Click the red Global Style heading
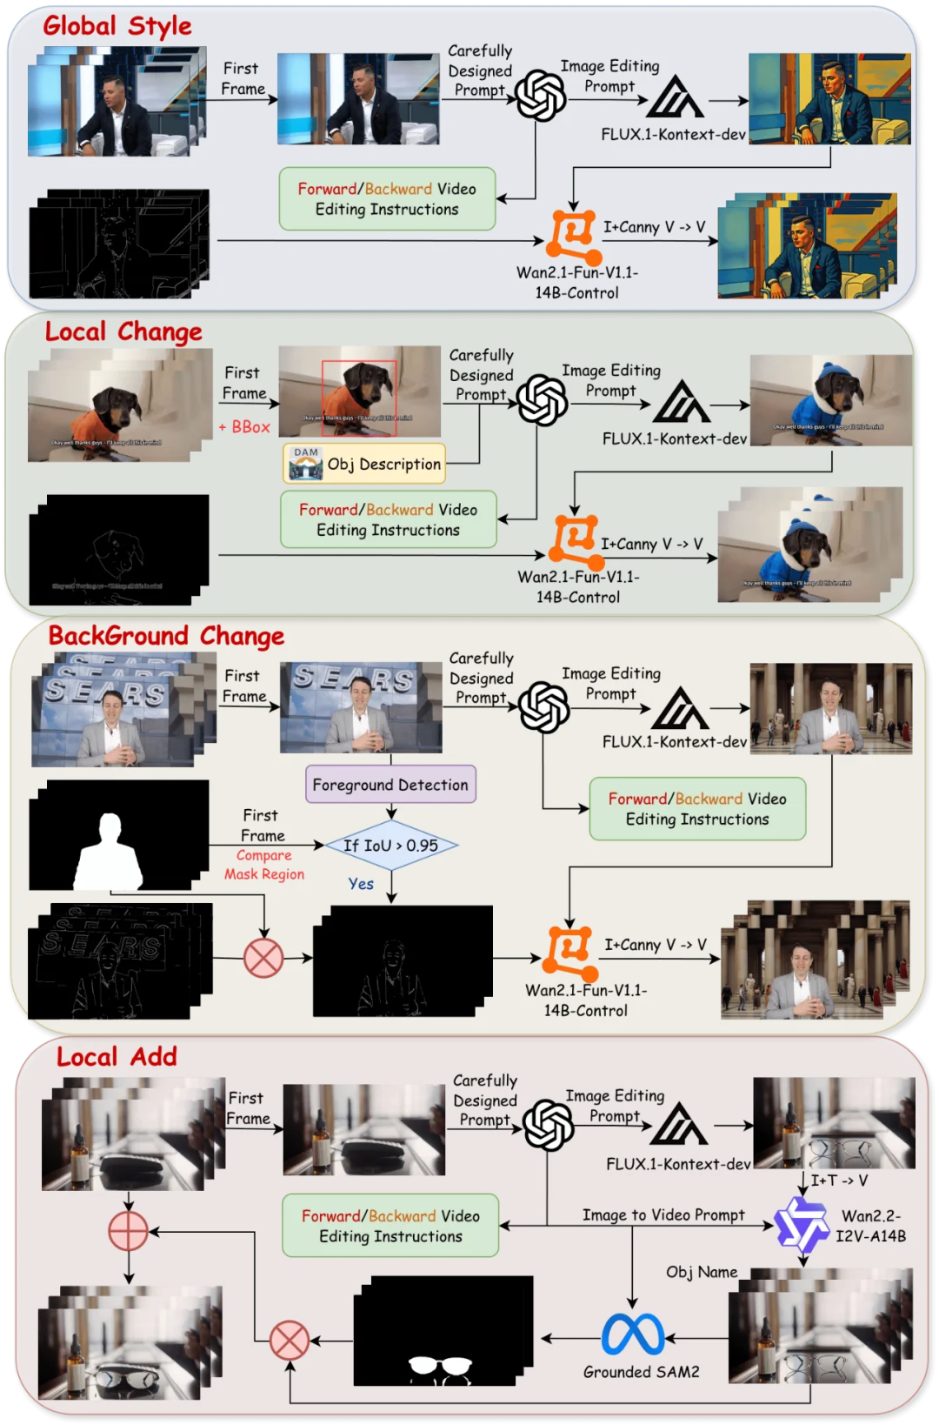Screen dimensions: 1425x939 click(x=117, y=26)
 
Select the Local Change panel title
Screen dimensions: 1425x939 click(x=123, y=331)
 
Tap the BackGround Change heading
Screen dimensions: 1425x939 click(x=166, y=636)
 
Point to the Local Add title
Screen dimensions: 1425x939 click(x=117, y=1057)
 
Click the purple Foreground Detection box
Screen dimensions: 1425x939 click(x=390, y=785)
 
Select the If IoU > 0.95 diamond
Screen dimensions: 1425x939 click(x=391, y=845)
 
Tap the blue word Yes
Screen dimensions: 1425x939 click(x=361, y=884)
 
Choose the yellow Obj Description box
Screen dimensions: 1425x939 click(x=364, y=464)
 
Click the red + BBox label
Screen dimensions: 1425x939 click(x=244, y=427)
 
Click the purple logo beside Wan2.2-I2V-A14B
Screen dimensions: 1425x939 click(x=802, y=1225)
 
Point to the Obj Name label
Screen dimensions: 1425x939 click(x=702, y=1272)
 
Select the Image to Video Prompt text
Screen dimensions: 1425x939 click(x=663, y=1214)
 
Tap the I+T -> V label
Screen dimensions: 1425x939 click(x=839, y=1181)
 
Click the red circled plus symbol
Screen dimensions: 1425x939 click(x=128, y=1232)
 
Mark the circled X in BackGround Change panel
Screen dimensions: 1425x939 click(x=263, y=958)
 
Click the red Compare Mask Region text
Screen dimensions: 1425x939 click(x=264, y=865)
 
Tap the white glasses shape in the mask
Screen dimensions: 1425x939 click(x=440, y=1367)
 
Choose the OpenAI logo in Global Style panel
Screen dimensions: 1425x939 click(x=541, y=96)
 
